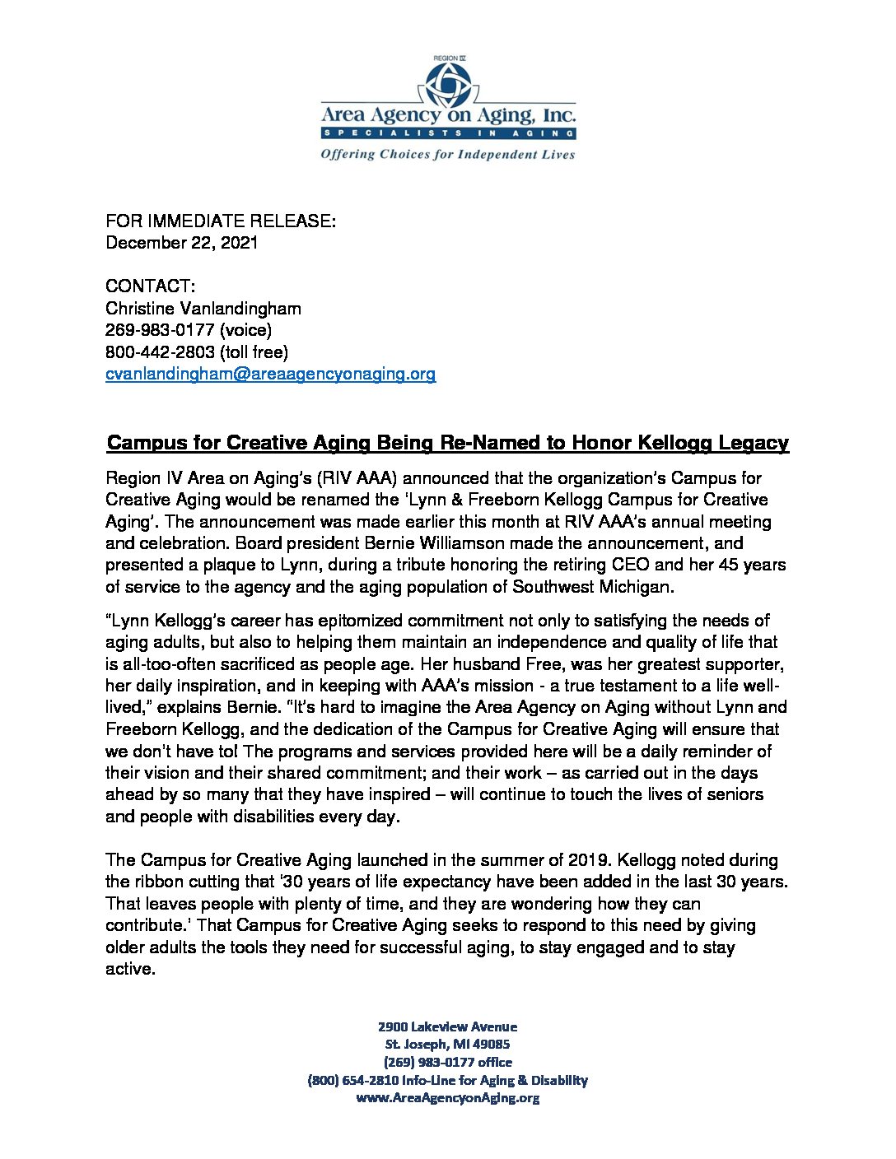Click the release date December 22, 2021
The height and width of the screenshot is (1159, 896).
181,243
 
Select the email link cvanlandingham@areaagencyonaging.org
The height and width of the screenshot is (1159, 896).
270,375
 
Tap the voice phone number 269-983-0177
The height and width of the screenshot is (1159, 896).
160,331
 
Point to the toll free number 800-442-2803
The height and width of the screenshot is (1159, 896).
160,352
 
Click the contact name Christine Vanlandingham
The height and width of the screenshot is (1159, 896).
203,309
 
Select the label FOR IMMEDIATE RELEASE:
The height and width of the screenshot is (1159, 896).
221,221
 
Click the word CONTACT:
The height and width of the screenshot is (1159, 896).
150,286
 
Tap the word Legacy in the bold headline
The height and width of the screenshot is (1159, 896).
754,443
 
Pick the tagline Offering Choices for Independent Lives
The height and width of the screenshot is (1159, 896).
447,155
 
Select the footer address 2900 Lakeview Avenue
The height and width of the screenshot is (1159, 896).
447,1026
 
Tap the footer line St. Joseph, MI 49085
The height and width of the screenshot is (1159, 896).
447,1045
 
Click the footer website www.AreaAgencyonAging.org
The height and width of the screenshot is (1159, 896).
447,1098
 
